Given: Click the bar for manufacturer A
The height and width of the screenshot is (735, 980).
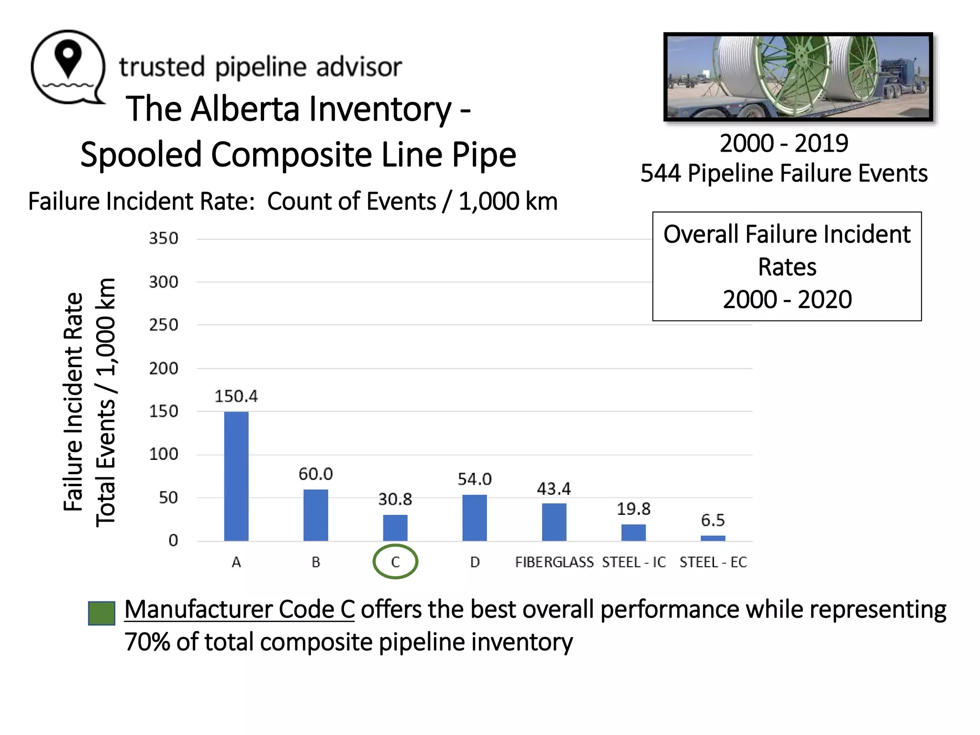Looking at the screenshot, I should pyautogui.click(x=236, y=476).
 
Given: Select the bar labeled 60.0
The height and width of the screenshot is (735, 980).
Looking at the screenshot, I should pyautogui.click(x=315, y=515).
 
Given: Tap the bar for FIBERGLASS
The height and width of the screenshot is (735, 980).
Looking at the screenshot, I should pyautogui.click(x=554, y=522).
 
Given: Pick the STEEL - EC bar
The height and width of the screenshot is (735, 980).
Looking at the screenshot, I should pyautogui.click(x=713, y=538).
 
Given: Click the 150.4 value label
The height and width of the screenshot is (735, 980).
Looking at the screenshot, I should pyautogui.click(x=236, y=396).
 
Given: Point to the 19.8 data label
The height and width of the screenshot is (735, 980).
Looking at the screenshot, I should pyautogui.click(x=633, y=509).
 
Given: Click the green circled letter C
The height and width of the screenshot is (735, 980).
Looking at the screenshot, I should pyautogui.click(x=395, y=562).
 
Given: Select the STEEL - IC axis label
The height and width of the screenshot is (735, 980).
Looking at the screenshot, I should pyautogui.click(x=634, y=562).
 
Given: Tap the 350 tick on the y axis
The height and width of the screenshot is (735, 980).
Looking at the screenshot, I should pyautogui.click(x=164, y=238).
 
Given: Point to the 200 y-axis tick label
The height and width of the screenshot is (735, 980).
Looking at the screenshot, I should pyautogui.click(x=164, y=368).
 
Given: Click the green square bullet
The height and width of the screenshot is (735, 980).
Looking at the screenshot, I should pyautogui.click(x=101, y=613).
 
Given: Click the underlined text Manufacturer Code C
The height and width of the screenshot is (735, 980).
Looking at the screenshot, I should pyautogui.click(x=239, y=610).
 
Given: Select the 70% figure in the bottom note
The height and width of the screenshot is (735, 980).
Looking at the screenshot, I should pyautogui.click(x=147, y=642).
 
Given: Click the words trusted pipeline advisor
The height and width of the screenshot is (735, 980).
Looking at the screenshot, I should pyautogui.click(x=260, y=67).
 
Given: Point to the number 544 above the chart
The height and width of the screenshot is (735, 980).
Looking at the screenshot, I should pyautogui.click(x=660, y=173).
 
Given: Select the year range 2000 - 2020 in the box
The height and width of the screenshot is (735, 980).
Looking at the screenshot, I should pyautogui.click(x=787, y=300).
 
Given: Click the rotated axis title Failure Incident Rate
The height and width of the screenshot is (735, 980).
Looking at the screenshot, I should pyautogui.click(x=74, y=402).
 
